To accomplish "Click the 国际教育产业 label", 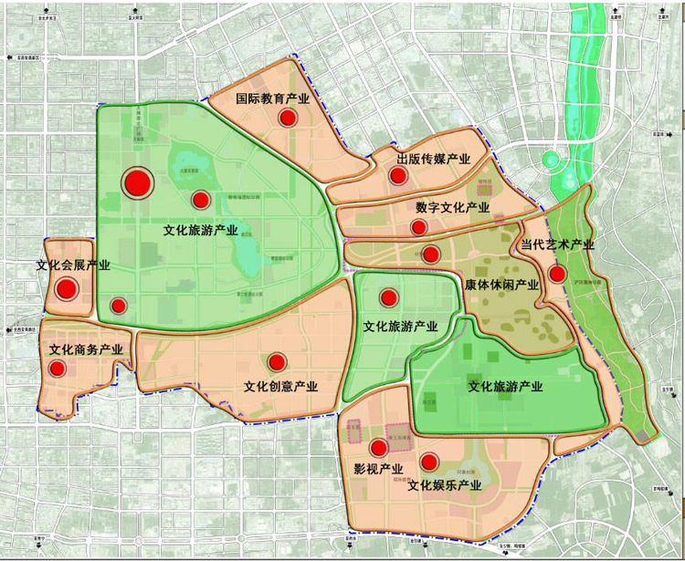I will coord(273,99).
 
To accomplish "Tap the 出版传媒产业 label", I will coord(434,160).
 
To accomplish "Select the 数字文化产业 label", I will coord(452,208).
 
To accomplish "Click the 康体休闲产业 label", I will coord(501,286).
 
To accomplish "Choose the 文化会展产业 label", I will coord(73,266).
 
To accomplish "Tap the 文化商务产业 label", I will coord(86,350).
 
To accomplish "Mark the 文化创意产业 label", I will coord(280,386).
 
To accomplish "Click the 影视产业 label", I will coord(378,470).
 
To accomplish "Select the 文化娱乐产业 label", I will coord(445,485).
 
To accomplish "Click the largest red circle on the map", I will coord(137,182).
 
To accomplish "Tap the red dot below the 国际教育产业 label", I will coord(288,118).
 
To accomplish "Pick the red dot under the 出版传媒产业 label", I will coord(397,176).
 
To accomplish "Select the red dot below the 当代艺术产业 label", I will coord(557,274).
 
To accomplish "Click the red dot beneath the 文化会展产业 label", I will coord(66,290).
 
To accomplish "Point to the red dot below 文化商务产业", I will coord(58,369).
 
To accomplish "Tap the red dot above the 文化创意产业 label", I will coord(277,362).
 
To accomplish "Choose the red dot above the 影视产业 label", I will coord(378,448).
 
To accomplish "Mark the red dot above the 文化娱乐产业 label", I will coord(429,462).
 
